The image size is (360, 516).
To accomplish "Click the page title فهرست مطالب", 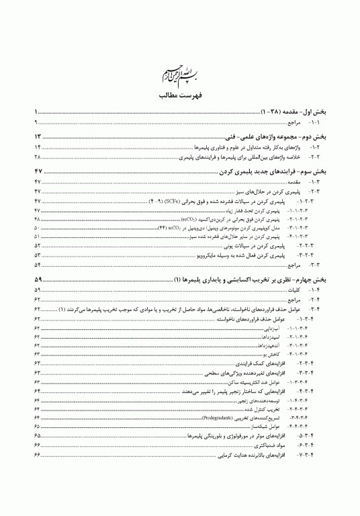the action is [x=179, y=97].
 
